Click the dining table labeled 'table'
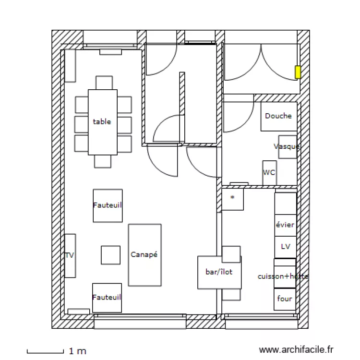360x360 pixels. [x=102, y=122]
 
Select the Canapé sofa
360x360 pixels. [x=144, y=255]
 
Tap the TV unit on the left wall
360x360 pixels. [x=70, y=255]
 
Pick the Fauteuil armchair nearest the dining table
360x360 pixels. [x=108, y=205]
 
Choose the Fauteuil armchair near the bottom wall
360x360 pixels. [x=107, y=298]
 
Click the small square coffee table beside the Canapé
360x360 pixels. [x=110, y=255]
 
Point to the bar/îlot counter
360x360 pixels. [x=219, y=272]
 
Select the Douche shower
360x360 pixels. [x=279, y=116]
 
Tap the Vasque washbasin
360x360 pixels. [x=288, y=147]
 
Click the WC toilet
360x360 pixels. [x=269, y=172]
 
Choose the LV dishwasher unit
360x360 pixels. [x=285, y=247]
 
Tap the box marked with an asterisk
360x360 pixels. [x=233, y=199]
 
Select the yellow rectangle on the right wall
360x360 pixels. [x=298, y=72]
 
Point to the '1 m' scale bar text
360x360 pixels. [x=78, y=351]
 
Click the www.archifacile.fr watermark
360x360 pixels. [x=296, y=350]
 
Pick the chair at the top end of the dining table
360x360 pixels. [x=104, y=83]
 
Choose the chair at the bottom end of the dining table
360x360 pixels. [x=103, y=161]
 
